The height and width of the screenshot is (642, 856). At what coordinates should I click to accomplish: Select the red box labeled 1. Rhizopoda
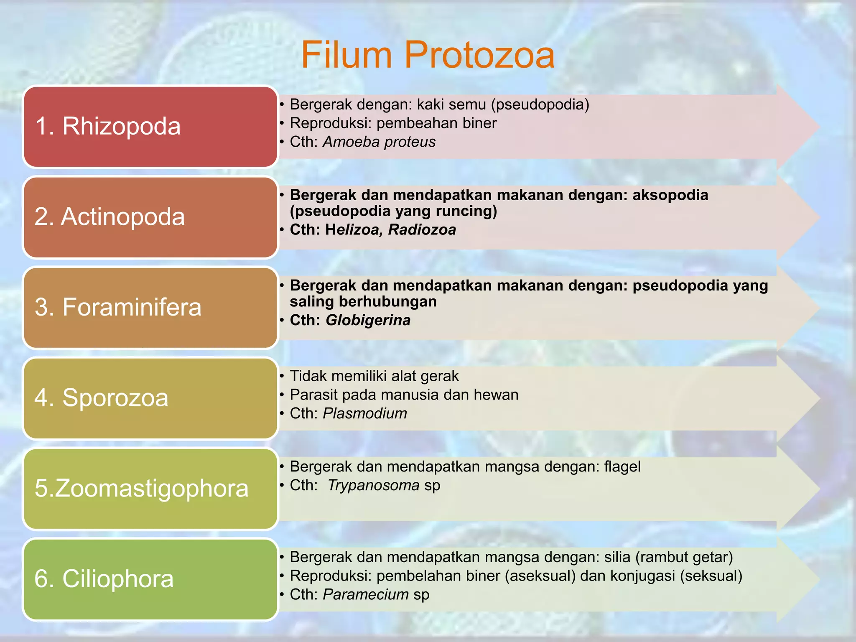pyautogui.click(x=150, y=126)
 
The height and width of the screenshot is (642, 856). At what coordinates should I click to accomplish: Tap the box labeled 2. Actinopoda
pyautogui.click(x=150, y=217)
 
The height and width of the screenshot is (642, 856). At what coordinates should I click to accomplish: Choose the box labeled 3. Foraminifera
pyautogui.click(x=150, y=308)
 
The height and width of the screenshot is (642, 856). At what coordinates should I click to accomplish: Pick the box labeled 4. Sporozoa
pyautogui.click(x=150, y=398)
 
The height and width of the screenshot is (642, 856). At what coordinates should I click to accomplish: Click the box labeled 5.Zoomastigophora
pyautogui.click(x=150, y=489)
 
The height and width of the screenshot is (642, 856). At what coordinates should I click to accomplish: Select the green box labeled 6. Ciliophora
pyautogui.click(x=150, y=579)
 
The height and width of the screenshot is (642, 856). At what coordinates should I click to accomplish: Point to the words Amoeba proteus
pyautogui.click(x=379, y=142)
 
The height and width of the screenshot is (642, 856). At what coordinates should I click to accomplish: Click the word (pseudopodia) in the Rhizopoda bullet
pyautogui.click(x=540, y=104)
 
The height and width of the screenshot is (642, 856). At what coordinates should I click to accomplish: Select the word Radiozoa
pyautogui.click(x=422, y=230)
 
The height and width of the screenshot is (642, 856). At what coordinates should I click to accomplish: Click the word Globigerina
pyautogui.click(x=368, y=321)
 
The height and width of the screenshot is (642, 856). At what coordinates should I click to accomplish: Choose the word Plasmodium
pyautogui.click(x=365, y=414)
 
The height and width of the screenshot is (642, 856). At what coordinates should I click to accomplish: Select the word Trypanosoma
pyautogui.click(x=373, y=486)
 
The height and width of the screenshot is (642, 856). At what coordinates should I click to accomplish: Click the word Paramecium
pyautogui.click(x=366, y=595)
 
